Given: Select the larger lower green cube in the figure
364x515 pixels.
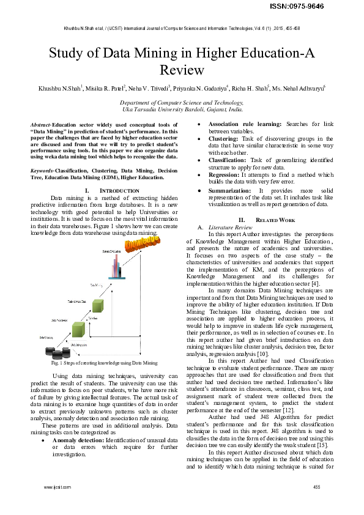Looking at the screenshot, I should pyautogui.click(x=77, y=330).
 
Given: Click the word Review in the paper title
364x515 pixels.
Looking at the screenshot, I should pyautogui.click(x=182, y=70).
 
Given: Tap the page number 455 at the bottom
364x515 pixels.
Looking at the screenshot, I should pyautogui.click(x=316, y=487).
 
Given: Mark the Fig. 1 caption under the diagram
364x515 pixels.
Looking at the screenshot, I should pyautogui.click(x=105, y=363).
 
